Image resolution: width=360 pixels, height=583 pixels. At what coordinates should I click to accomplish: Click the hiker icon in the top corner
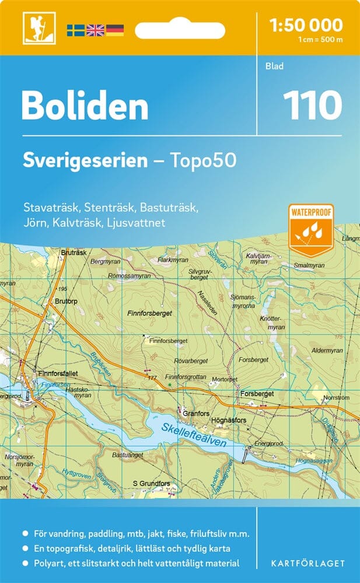[36, 27]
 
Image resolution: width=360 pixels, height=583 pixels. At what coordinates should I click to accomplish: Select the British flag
[95, 30]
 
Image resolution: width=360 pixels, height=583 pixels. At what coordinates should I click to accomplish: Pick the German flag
[114, 30]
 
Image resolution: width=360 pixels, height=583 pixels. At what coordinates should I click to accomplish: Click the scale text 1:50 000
[307, 25]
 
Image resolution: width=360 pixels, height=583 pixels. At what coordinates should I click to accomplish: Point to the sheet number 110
[312, 105]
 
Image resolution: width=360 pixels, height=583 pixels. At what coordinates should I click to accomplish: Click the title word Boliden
[85, 106]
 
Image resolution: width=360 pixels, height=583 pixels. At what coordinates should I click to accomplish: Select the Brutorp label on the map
[67, 301]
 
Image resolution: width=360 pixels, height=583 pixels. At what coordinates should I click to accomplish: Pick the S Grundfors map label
[151, 483]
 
